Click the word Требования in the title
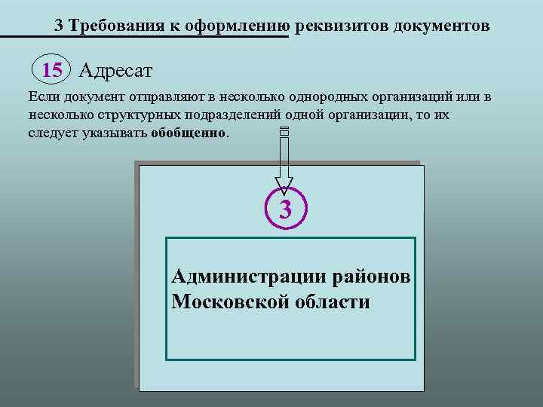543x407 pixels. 110,26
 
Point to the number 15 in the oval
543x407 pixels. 52,71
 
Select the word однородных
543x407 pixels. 309,98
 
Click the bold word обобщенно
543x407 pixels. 189,133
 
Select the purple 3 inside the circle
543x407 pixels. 285,210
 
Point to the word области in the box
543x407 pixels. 333,302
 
